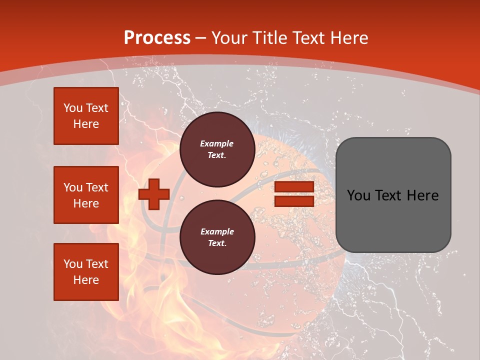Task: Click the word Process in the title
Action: tap(157, 38)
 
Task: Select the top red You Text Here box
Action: tap(86, 116)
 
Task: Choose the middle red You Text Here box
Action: tap(86, 195)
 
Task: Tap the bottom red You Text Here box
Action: tap(86, 272)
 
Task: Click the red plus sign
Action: tap(154, 194)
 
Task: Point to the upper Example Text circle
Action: tap(217, 149)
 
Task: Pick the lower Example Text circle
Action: tap(217, 237)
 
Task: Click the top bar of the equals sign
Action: tap(294, 187)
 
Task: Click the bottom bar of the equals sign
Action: tap(294, 201)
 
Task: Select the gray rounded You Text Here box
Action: tap(393, 195)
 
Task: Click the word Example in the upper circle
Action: tap(217, 143)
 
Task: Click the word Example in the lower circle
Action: tap(217, 231)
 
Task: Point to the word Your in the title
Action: tap(230, 38)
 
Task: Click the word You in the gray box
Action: tap(359, 195)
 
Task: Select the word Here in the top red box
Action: tap(86, 124)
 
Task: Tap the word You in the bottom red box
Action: tap(73, 264)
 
